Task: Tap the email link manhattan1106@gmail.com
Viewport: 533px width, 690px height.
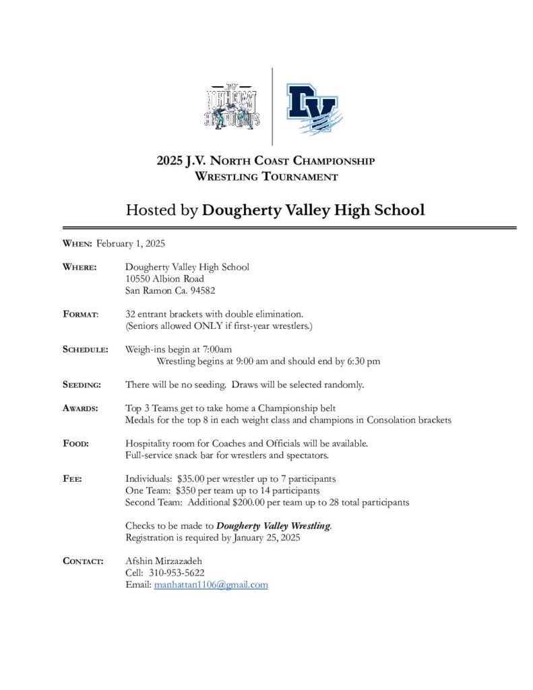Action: point(211,585)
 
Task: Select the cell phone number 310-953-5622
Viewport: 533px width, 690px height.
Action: point(176,572)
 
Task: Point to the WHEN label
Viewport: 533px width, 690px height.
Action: point(77,243)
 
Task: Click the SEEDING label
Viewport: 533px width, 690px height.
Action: point(82,385)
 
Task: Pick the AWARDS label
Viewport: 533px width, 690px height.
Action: point(80,408)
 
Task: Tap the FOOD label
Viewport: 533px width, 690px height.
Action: point(75,443)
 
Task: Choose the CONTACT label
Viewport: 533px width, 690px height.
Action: point(83,561)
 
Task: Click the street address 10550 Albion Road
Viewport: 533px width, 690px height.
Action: point(164,278)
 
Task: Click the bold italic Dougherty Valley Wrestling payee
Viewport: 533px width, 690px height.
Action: point(274,526)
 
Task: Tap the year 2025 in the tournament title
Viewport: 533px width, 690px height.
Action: point(170,162)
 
